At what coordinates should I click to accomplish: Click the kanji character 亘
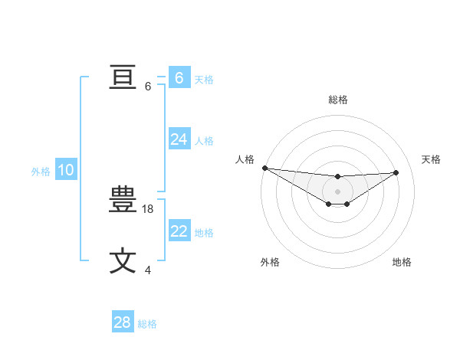point(123,77)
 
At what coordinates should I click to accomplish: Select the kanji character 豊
point(123,201)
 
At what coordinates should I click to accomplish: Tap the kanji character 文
point(123,260)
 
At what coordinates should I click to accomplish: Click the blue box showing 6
point(179,77)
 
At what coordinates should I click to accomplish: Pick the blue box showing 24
point(179,139)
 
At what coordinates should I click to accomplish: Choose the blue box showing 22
point(179,231)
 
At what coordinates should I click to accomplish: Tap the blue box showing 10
point(65,170)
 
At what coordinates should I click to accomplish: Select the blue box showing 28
point(123,322)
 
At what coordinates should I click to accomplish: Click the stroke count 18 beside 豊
point(149,208)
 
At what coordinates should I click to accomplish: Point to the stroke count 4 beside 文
point(148,270)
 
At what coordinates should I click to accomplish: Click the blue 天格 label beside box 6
point(204,79)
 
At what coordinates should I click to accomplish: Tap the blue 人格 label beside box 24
point(204,141)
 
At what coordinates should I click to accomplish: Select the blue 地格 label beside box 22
point(204,233)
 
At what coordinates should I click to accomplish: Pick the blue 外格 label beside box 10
point(41,172)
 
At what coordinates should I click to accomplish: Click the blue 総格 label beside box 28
point(147,324)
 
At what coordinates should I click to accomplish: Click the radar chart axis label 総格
point(337,100)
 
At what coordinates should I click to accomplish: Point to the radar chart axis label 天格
point(431,159)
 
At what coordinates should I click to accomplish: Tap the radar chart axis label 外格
point(270,262)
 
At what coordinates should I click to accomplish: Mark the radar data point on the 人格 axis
point(264,168)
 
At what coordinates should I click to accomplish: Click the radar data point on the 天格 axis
point(396,172)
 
